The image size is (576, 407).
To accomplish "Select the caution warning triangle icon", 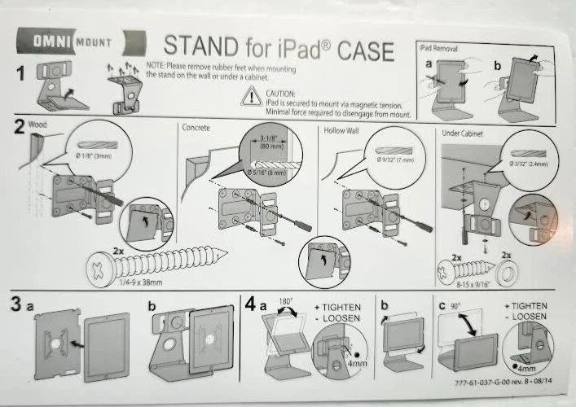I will pos(248,98).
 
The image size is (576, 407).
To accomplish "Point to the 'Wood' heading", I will pos(38,126).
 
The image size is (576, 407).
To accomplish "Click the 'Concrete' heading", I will pos(198,128).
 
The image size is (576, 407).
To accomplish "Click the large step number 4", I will pos(254,308).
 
